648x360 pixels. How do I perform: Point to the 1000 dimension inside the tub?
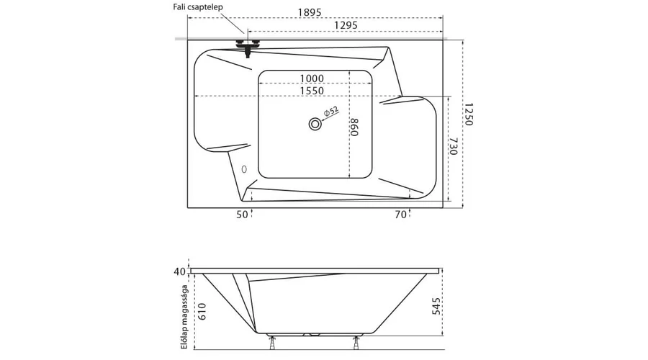coord(311,78)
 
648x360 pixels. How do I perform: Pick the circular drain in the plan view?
coord(315,124)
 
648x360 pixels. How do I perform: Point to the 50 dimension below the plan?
coord(241,214)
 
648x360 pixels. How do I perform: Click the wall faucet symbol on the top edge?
coord(248,45)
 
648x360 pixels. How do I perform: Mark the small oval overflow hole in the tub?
coord(244,170)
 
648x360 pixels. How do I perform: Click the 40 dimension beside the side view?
coord(179,271)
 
